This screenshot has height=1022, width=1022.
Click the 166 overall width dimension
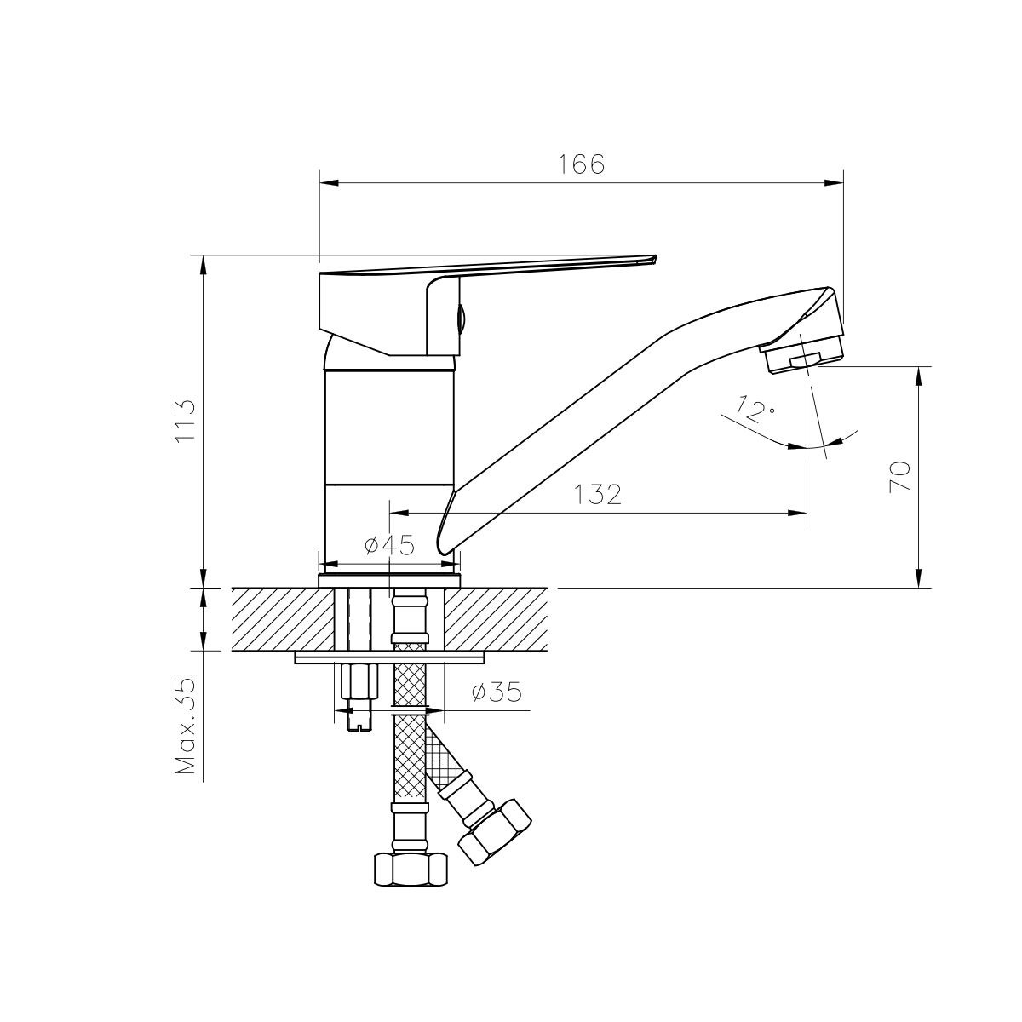581,164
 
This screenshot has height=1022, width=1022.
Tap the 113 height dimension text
186,421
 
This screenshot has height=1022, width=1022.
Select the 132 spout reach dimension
598,495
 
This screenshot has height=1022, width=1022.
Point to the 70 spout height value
899,477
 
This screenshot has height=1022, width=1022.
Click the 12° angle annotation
755,409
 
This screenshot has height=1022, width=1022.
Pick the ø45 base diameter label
389,545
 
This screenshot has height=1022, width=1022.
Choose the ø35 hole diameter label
497,692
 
